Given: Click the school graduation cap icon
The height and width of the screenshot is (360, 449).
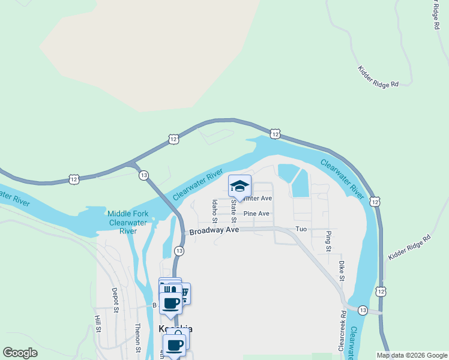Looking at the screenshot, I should pyautogui.click(x=239, y=185).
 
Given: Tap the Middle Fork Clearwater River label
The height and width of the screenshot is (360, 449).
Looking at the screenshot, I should pyautogui.click(x=127, y=222).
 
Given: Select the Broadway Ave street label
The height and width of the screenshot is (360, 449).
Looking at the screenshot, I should pyautogui.click(x=214, y=231).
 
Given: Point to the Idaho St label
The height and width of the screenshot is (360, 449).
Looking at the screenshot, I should pyautogui.click(x=214, y=208).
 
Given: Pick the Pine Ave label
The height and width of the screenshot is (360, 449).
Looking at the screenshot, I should pyautogui.click(x=256, y=214).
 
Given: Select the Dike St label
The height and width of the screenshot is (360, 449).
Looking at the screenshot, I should pyautogui.click(x=341, y=271).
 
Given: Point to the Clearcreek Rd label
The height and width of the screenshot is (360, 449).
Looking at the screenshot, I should pyautogui.click(x=343, y=330).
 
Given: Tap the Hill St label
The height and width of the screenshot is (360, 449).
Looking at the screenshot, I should pyautogui.click(x=96, y=324).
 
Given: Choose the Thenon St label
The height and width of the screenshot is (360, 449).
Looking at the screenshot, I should pyautogui.click(x=137, y=337).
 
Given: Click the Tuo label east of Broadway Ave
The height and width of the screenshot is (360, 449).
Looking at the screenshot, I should pyautogui.click(x=301, y=230).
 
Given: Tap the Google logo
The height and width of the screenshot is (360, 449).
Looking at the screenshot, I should pyautogui.click(x=20, y=353).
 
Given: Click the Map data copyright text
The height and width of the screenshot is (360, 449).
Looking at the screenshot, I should pyautogui.click(x=411, y=355).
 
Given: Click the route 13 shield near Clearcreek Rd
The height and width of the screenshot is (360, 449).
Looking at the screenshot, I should pyautogui.click(x=363, y=310).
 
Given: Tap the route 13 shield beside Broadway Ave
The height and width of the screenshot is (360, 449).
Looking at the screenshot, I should pyautogui.click(x=179, y=250).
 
